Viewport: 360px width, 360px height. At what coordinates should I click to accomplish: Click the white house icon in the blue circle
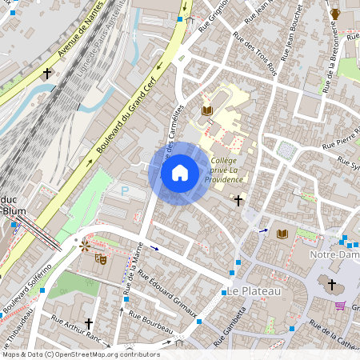[180, 172]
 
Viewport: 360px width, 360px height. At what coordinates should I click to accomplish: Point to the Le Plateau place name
[254, 291]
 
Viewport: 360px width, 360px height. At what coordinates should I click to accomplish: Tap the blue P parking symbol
[124, 191]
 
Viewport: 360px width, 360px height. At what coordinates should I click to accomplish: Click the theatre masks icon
[101, 258]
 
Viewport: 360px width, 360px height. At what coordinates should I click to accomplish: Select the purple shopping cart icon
[340, 306]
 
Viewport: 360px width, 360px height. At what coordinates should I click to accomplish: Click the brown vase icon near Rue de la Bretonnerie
[335, 14]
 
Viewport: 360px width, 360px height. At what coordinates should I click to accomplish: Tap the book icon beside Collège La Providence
[207, 110]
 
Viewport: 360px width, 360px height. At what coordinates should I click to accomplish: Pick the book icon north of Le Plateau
[282, 234]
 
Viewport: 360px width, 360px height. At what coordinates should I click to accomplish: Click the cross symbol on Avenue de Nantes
[47, 74]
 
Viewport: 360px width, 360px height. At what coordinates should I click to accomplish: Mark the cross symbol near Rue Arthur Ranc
[89, 324]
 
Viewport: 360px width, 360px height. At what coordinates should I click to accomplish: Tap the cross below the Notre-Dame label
[332, 283]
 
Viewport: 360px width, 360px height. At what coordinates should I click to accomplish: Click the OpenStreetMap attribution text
[80, 354]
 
